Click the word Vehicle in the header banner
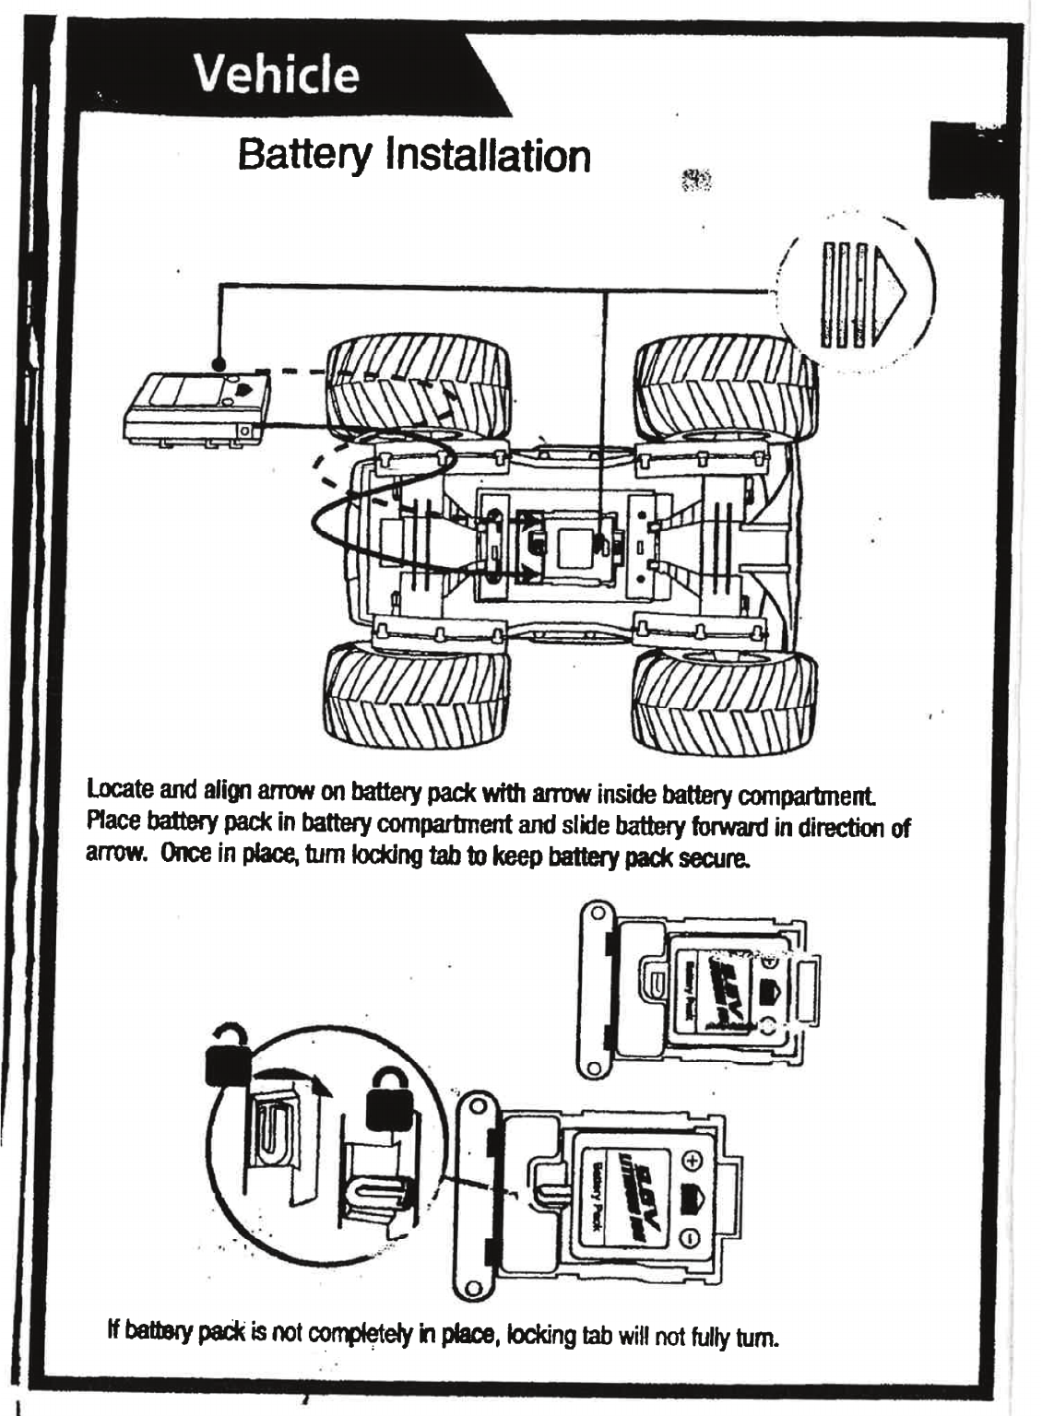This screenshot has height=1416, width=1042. pos(278,75)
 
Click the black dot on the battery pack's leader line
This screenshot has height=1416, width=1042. pos(219,363)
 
